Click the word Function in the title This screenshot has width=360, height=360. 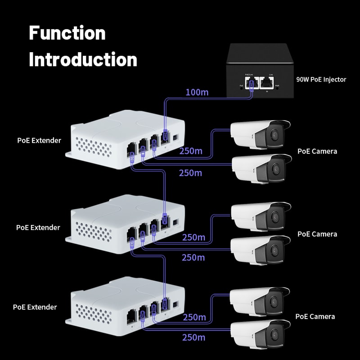[x=67, y=33]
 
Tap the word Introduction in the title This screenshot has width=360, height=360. [x=83, y=59]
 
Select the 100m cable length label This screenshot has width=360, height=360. [x=197, y=92]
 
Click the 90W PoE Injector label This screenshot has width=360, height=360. [x=321, y=79]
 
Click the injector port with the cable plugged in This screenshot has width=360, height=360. [x=252, y=83]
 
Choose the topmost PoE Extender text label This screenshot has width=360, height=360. [x=39, y=140]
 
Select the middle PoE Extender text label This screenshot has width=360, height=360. [x=38, y=227]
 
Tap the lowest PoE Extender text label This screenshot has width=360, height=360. [x=35, y=307]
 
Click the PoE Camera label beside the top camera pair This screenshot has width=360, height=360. [x=317, y=151]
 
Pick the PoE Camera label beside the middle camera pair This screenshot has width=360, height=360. [x=317, y=234]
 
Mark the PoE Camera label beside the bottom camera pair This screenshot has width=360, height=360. [x=315, y=316]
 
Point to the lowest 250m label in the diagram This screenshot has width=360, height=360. [x=193, y=337]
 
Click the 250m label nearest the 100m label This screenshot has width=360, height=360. [x=190, y=151]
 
